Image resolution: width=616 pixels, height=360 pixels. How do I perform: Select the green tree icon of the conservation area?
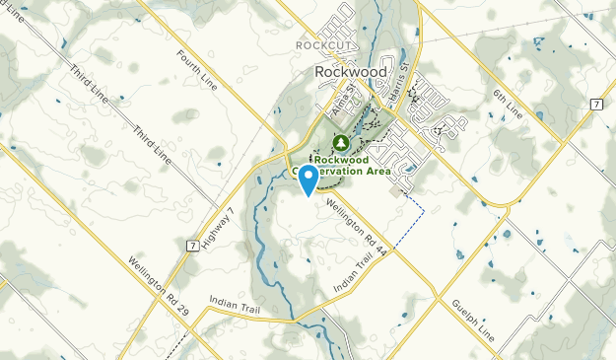click(342, 143)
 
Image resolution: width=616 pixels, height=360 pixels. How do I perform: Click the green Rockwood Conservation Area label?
click(353, 165)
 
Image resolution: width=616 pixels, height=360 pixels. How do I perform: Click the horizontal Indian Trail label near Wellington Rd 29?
click(232, 301)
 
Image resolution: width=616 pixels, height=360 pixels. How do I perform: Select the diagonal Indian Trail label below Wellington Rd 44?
click(356, 268)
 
